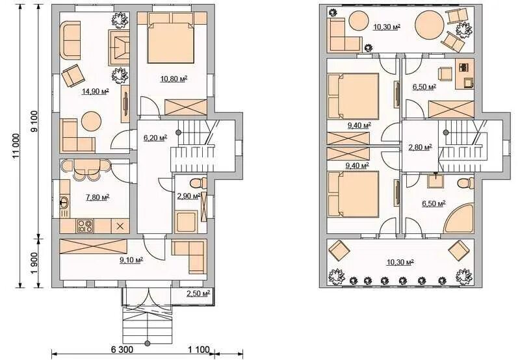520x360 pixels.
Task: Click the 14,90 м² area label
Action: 96,92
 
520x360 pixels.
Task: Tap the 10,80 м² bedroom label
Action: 174,79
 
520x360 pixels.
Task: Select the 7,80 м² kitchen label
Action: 97,198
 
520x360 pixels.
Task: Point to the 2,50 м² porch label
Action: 198,293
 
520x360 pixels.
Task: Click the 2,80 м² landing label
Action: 420,147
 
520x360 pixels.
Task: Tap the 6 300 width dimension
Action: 122,350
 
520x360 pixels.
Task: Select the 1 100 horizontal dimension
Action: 199,350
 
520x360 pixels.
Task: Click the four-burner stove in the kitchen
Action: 85,226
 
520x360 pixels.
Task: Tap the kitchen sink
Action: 64,202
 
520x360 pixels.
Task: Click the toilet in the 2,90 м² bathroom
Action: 198,183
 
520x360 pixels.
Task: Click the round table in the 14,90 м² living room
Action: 91,122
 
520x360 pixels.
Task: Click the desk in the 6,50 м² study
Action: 464,74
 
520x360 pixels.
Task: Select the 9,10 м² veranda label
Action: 131,260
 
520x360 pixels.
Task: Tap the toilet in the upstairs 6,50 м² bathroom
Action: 465,183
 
